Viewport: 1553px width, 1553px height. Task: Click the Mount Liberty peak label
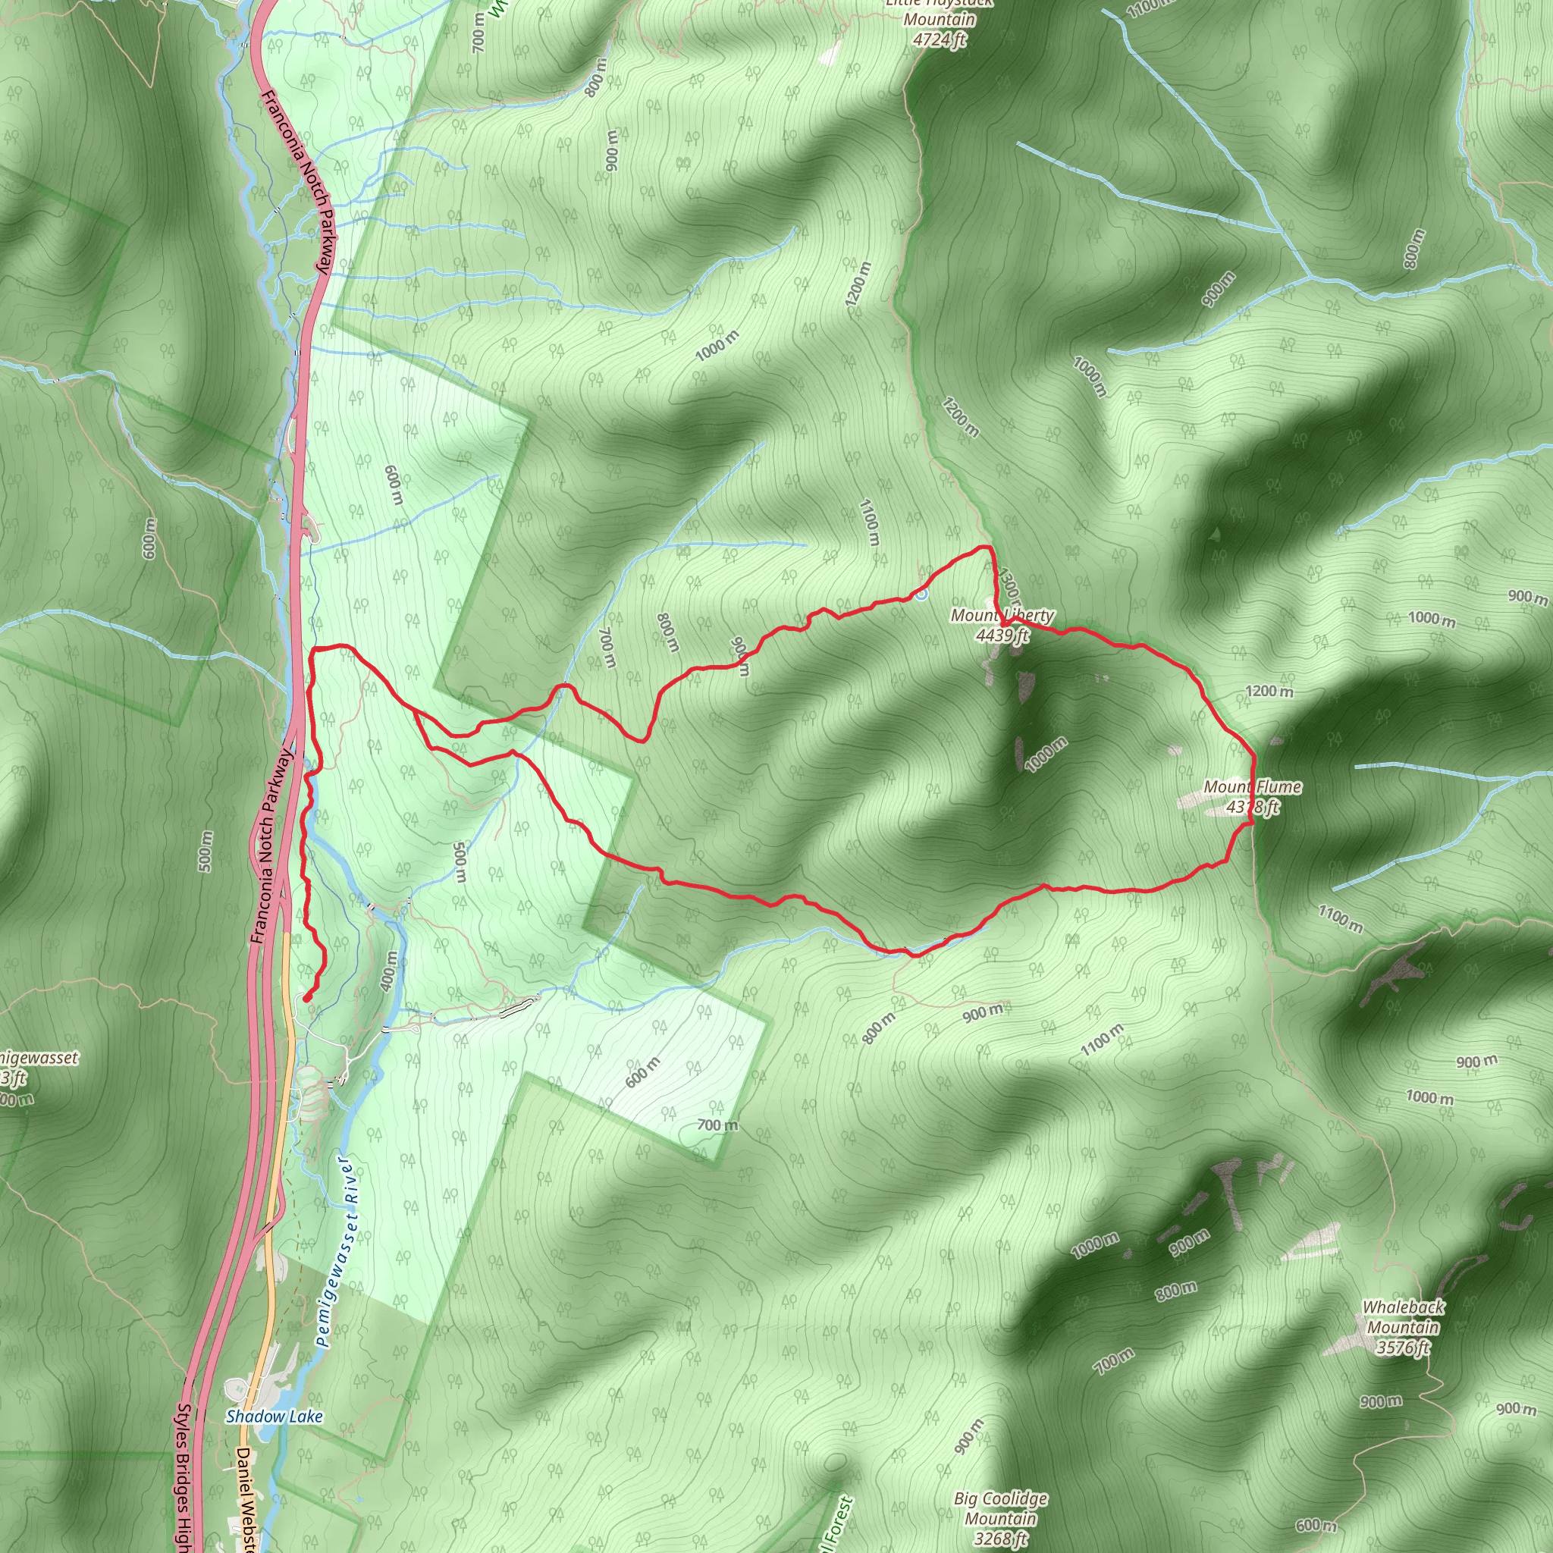1002,616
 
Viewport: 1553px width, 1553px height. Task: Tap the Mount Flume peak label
1253,787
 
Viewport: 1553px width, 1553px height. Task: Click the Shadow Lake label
274,1417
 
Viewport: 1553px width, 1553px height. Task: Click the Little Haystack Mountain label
939,11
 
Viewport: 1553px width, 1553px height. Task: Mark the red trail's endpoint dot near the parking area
307,999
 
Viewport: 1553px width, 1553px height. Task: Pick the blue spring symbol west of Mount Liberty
921,594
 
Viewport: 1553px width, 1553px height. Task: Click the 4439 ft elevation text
1002,635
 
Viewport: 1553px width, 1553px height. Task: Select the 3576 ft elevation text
1403,1348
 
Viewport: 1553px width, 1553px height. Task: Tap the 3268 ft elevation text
1001,1539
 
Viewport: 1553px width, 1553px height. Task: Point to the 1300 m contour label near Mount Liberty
1009,587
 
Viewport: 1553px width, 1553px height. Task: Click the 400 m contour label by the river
388,971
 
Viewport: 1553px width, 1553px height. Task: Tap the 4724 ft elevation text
939,39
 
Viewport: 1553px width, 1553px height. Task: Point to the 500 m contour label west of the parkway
205,851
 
